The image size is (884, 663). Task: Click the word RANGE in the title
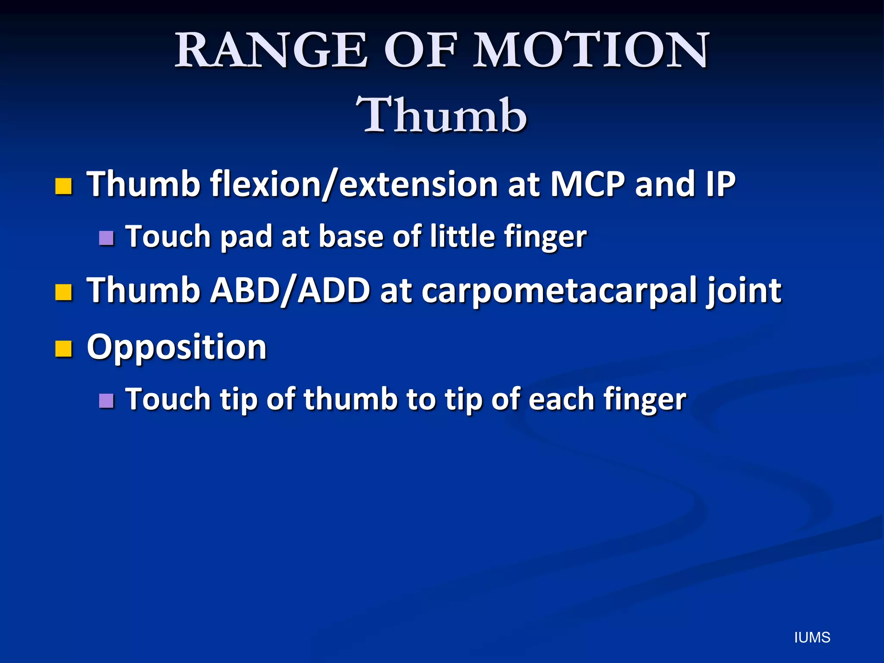(x=271, y=51)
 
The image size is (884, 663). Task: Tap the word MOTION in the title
(x=591, y=51)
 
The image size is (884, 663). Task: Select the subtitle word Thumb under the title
(x=441, y=116)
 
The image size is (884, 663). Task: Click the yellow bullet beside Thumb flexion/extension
(x=63, y=186)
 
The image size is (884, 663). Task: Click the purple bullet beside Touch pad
(x=106, y=238)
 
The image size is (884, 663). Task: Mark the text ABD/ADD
(x=290, y=290)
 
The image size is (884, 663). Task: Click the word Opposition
(x=177, y=347)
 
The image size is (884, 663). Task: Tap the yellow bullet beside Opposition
(x=63, y=349)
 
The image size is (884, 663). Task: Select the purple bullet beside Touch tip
(x=106, y=401)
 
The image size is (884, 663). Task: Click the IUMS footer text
(x=812, y=638)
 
